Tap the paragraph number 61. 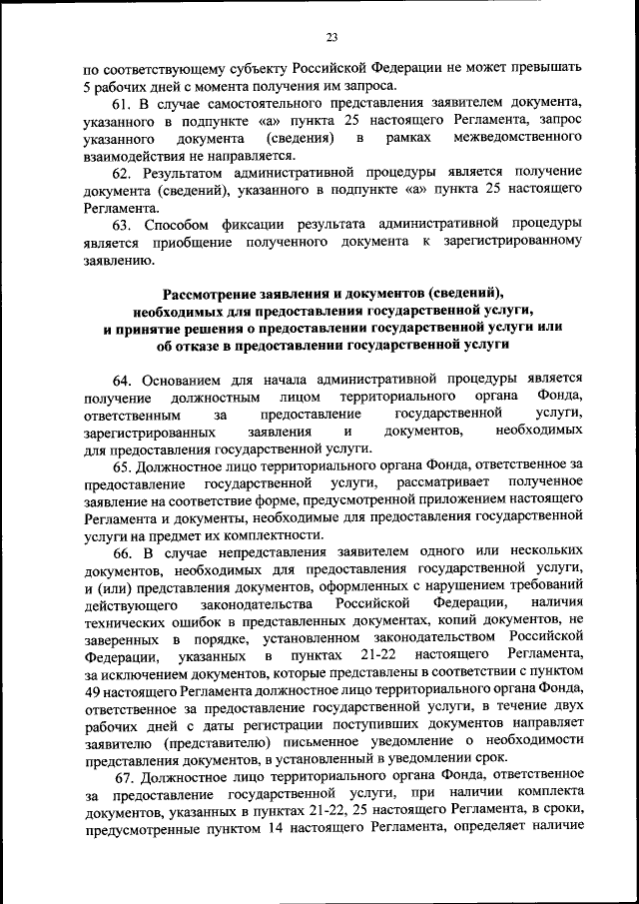pos(120,103)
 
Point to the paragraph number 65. pos(120,464)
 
